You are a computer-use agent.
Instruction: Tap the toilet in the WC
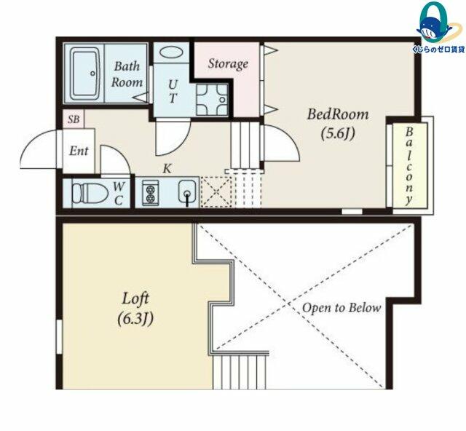tap(90, 194)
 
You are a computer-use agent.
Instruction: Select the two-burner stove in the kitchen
tap(150, 193)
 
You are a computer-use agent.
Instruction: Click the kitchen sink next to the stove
tap(187, 191)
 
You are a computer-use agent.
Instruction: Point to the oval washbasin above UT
tap(171, 52)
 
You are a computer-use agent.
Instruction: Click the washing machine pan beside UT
tap(212, 100)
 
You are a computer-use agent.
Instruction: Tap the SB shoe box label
tap(74, 119)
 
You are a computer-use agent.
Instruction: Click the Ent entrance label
tap(79, 151)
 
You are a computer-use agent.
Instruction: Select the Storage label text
tap(228, 64)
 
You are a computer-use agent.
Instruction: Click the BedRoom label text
tap(338, 114)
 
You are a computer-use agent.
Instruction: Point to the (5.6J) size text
tap(338, 134)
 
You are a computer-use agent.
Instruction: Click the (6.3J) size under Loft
tap(135, 319)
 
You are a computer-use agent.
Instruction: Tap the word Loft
tap(135, 298)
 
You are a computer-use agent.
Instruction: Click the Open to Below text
tap(341, 308)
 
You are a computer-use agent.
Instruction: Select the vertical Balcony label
tap(409, 167)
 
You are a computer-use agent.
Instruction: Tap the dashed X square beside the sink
tap(216, 191)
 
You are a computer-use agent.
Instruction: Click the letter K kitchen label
tap(167, 168)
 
